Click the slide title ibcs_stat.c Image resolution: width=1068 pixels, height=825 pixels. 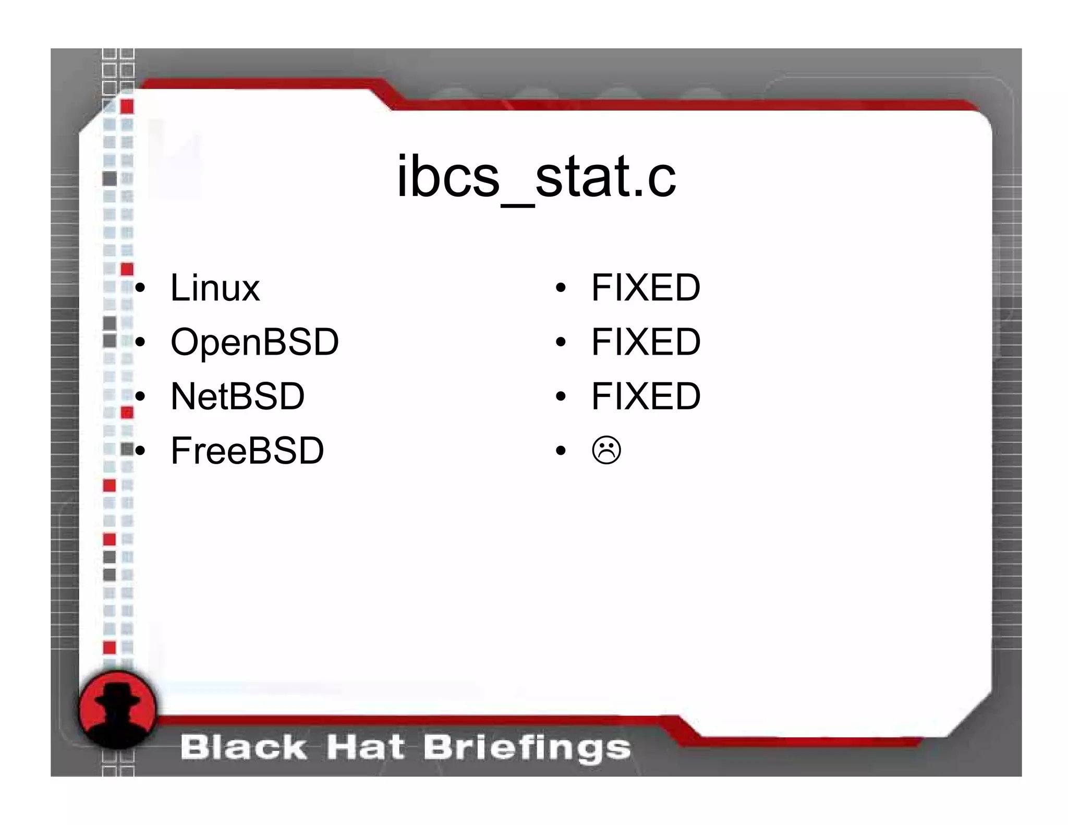click(536, 177)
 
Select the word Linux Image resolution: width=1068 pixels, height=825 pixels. click(215, 288)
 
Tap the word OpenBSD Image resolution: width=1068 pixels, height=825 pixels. click(254, 342)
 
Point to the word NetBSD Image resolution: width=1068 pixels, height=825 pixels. click(237, 396)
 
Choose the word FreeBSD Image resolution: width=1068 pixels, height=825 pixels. click(247, 451)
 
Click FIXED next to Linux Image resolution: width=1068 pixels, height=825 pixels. click(646, 288)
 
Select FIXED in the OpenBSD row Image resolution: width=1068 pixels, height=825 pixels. click(646, 342)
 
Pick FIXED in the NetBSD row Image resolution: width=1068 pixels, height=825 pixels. click(646, 396)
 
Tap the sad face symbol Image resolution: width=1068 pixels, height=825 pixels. click(606, 450)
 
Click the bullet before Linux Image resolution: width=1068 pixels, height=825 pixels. click(139, 288)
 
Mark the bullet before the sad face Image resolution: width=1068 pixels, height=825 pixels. click(561, 451)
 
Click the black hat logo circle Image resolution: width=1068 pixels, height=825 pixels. click(117, 710)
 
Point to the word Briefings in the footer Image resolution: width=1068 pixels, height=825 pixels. click(527, 748)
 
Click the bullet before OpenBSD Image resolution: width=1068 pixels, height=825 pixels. click(139, 343)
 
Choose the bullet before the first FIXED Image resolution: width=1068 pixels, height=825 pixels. click(561, 288)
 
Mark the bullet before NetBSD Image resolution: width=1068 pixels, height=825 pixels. click(139, 397)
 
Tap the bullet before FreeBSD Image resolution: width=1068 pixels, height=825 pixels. click(139, 451)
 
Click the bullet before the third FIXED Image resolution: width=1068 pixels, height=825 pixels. click(561, 397)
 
